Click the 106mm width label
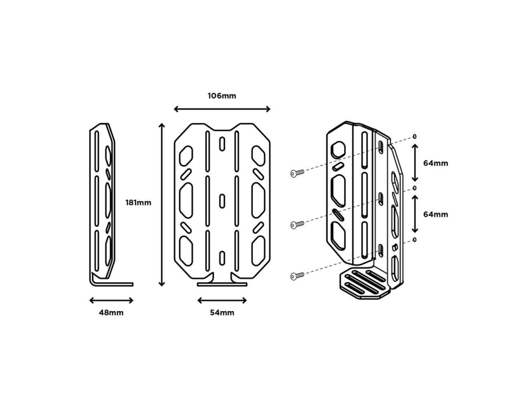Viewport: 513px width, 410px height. click(x=222, y=96)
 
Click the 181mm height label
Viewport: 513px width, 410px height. click(x=138, y=203)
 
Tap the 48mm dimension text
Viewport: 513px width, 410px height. click(x=111, y=313)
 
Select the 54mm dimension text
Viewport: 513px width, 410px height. click(x=222, y=313)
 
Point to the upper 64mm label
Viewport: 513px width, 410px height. click(x=436, y=163)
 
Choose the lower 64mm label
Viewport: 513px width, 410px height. click(x=436, y=215)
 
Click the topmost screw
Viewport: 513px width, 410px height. click(x=297, y=173)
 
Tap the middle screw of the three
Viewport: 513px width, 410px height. click(x=297, y=224)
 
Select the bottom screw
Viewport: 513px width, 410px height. click(x=297, y=275)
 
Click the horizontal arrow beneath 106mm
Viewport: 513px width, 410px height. click(x=222, y=109)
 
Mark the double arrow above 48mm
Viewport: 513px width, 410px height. click(x=111, y=300)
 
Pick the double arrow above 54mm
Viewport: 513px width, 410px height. click(x=222, y=300)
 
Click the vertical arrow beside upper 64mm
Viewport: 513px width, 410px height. click(x=415, y=163)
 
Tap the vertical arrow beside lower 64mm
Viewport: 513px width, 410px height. click(x=415, y=214)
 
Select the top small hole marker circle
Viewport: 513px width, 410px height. click(x=414, y=137)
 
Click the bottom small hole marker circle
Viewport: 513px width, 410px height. click(x=414, y=239)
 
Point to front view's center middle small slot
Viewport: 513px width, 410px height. click(x=222, y=201)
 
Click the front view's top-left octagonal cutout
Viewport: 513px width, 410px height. click(x=186, y=155)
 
